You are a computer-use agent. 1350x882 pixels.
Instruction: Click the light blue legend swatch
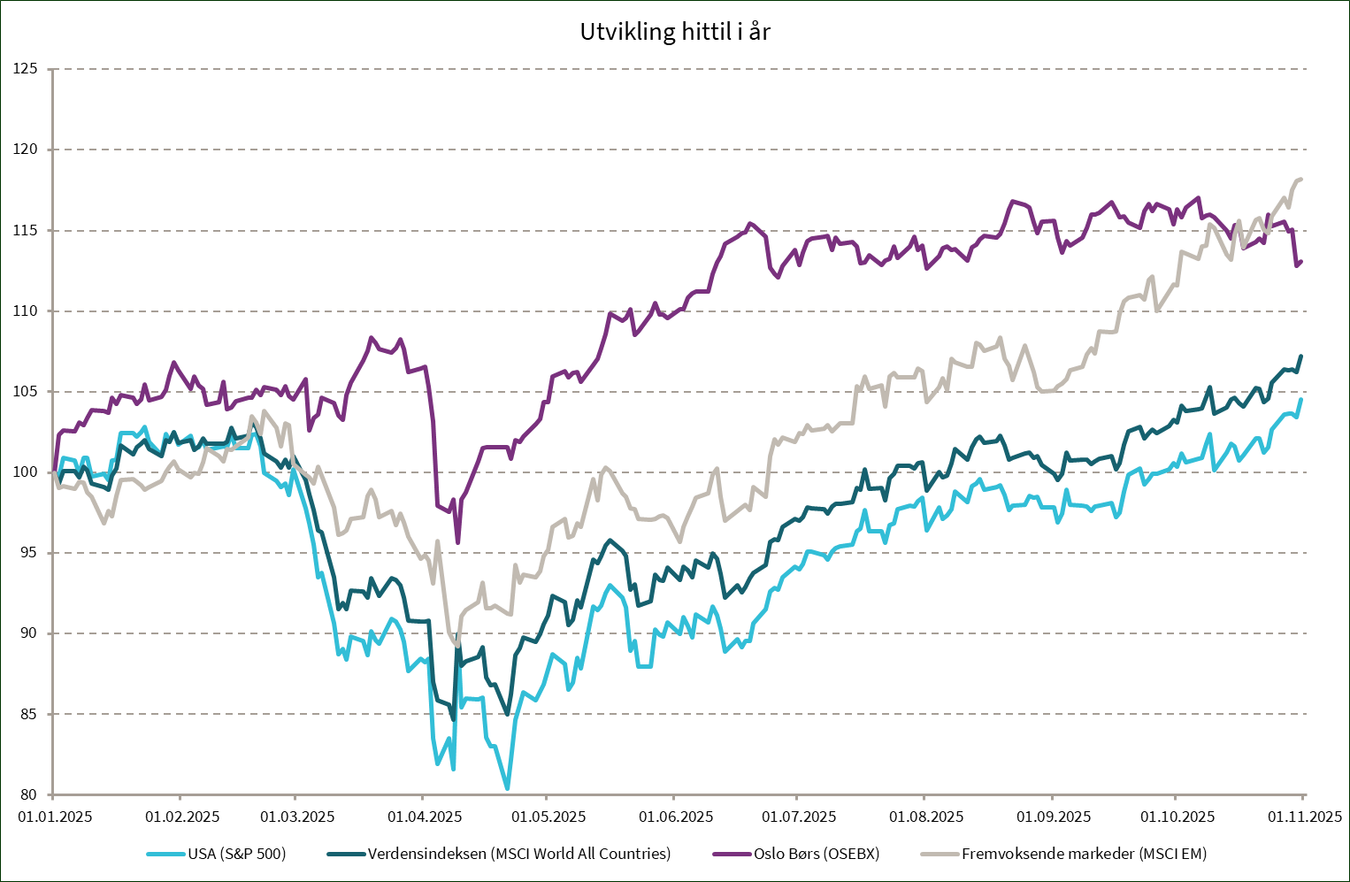coord(165,854)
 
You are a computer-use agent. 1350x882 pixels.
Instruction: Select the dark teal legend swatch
coord(346,854)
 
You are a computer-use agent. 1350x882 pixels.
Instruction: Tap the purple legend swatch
coord(732,854)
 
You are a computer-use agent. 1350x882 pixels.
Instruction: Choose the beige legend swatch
coord(940,854)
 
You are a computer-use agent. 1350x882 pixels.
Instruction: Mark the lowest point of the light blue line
coord(508,787)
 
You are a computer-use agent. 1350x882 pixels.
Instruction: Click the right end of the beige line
coord(1301,180)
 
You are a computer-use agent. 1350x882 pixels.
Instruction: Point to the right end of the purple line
coord(1301,261)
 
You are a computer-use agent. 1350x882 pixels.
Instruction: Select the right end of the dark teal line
coord(1301,356)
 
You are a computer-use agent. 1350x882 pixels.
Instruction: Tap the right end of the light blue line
coord(1301,399)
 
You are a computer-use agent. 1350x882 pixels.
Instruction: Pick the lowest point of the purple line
coord(457,541)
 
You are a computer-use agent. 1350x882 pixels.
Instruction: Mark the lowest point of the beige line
coord(456,647)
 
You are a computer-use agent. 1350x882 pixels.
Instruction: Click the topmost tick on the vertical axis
coord(50,69)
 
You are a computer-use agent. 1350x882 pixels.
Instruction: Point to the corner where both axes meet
coord(53,794)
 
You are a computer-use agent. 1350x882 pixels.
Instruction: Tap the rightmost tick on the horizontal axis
coord(1303,798)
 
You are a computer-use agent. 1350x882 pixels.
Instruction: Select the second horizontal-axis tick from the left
coord(180,798)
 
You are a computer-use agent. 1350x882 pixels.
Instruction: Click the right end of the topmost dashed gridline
coord(1306,69)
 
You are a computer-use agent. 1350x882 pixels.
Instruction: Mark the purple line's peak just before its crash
coord(370,337)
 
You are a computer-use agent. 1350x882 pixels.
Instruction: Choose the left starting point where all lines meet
coord(53,472)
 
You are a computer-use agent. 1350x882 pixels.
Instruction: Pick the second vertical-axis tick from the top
coord(50,150)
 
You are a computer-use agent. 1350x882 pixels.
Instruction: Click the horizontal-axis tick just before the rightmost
coord(1175,798)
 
